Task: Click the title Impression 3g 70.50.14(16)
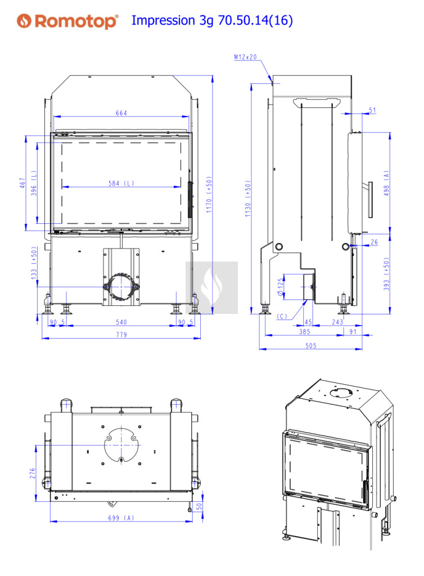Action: pyautogui.click(x=212, y=20)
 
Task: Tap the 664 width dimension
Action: pyautogui.click(x=121, y=113)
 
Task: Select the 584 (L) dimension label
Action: pyautogui.click(x=121, y=183)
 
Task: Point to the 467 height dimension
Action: pyautogui.click(x=22, y=183)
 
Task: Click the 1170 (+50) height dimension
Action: pyautogui.click(x=209, y=195)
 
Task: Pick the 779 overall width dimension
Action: pyautogui.click(x=121, y=335)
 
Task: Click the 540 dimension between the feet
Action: pyautogui.click(x=121, y=322)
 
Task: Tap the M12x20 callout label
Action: pyautogui.click(x=246, y=57)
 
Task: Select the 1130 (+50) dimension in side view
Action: pyautogui.click(x=248, y=199)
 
